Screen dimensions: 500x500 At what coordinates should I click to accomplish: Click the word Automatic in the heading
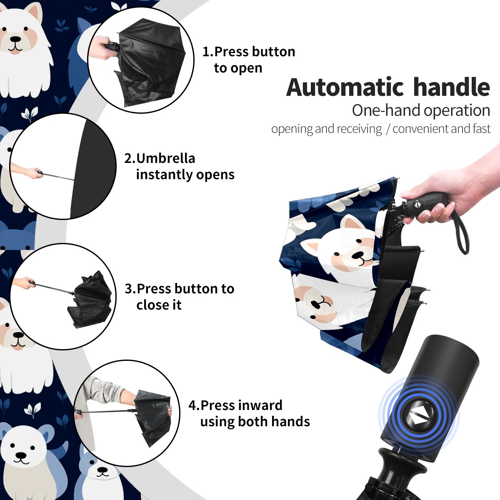click(x=345, y=87)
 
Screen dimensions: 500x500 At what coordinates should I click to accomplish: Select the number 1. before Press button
click(x=208, y=52)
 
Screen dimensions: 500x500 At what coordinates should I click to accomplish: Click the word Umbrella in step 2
click(x=165, y=158)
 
